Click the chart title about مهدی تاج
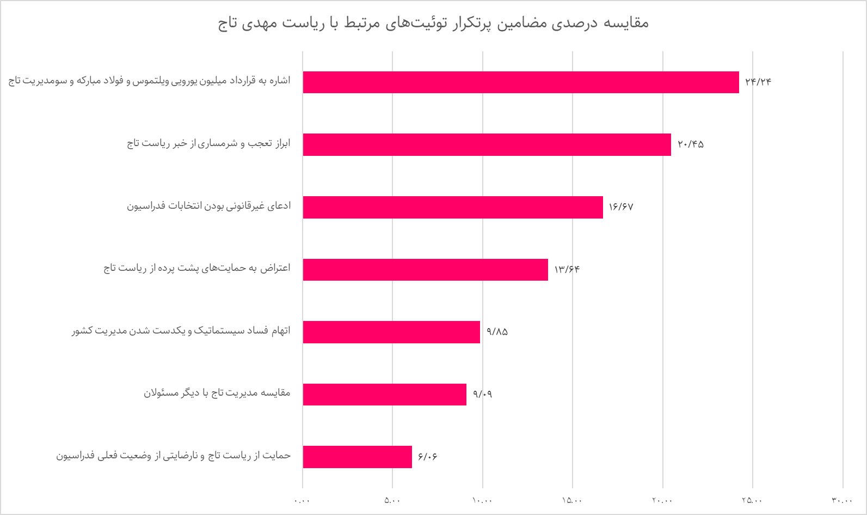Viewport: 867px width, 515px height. (x=433, y=23)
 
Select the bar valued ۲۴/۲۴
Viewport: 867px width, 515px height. (x=521, y=82)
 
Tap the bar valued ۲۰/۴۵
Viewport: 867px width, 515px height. (x=487, y=144)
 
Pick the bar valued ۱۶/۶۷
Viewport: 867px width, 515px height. (x=453, y=207)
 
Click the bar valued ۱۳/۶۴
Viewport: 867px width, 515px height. (x=425, y=269)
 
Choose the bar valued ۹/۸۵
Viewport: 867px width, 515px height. (x=391, y=332)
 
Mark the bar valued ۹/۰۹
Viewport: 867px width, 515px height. (x=384, y=395)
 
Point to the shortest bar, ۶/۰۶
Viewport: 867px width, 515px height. (x=357, y=457)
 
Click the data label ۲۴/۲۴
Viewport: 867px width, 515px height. (x=758, y=82)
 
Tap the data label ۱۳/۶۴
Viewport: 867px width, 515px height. (x=567, y=269)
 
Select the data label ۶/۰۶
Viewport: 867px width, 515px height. (x=428, y=457)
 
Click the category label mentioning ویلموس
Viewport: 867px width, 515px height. (x=149, y=81)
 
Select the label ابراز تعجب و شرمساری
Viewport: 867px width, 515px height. (x=208, y=143)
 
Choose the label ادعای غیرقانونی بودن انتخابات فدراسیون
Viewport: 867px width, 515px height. (x=208, y=206)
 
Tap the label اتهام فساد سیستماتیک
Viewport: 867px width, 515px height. (x=181, y=331)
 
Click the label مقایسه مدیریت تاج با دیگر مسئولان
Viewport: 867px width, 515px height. (x=217, y=393)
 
